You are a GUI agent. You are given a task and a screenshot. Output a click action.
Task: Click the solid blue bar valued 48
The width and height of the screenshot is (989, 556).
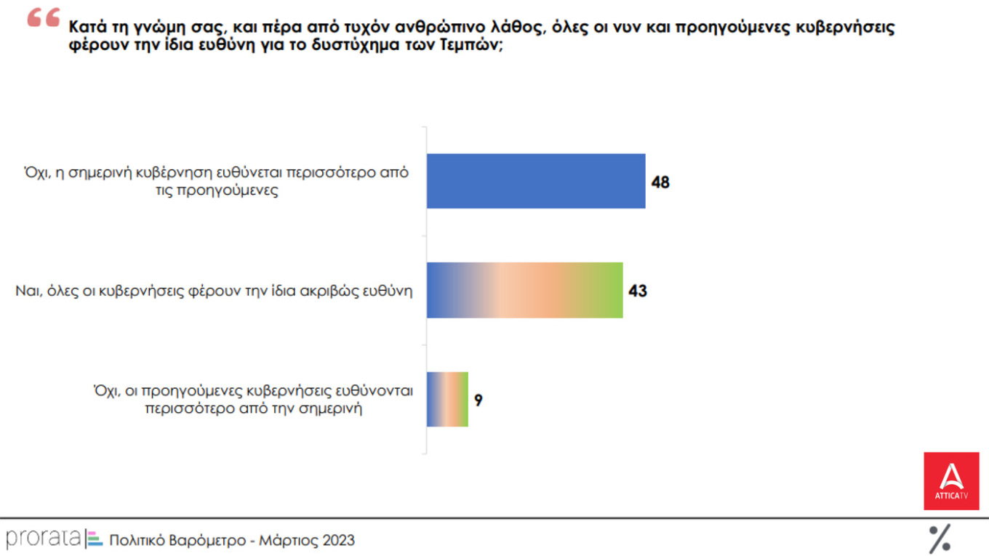pos(536,181)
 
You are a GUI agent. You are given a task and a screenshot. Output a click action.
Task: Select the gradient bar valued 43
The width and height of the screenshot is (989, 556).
pos(524,290)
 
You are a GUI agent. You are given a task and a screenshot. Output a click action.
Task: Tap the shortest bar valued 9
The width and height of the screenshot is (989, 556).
pos(447,399)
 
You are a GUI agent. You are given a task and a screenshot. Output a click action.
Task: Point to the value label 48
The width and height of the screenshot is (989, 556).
pos(660,182)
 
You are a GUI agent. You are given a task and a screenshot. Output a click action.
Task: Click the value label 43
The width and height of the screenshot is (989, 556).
pos(638,291)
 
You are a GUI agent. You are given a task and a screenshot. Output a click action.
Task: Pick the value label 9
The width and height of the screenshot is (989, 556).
pos(479,400)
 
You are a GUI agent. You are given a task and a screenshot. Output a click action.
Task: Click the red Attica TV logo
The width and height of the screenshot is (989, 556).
pos(951,480)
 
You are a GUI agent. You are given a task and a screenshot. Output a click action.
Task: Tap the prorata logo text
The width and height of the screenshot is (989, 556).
pos(43,539)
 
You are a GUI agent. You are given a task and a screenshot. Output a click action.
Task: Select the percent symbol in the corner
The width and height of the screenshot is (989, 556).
pos(940,539)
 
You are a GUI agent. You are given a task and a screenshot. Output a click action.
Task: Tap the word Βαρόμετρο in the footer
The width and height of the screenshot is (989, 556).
pos(208,540)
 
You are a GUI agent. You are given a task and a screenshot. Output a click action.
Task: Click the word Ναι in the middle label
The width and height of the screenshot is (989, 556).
pos(28,291)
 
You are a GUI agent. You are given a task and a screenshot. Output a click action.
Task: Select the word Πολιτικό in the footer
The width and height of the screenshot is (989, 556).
pos(137,540)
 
